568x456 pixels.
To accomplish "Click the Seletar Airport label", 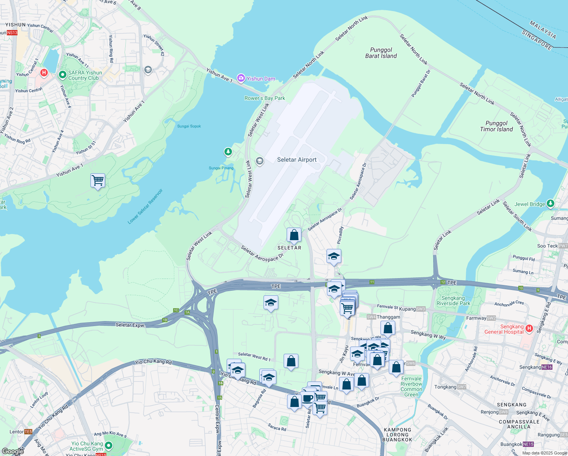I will coord(297,160).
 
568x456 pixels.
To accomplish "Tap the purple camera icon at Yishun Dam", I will coord(241,78).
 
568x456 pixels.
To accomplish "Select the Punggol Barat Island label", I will coord(381,53).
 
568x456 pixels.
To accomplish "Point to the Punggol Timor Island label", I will coord(496,126).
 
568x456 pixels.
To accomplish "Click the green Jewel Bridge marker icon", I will coord(551,204).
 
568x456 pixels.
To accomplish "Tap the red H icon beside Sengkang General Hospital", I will coord(530,328).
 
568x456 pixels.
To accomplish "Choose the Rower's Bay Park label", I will coord(265,98).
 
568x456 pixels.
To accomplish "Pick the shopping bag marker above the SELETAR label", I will coord(294,235).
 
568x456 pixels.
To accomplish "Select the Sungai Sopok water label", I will coord(189,126).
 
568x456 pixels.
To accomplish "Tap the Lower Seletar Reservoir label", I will coord(145,206).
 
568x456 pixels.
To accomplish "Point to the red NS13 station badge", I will coord(12,33).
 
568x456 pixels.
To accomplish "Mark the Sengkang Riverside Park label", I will coord(453,301).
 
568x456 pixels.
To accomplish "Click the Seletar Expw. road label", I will coord(130,325).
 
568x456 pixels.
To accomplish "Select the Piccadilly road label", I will coord(341,235).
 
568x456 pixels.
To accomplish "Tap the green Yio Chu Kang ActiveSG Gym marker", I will coord(109,445).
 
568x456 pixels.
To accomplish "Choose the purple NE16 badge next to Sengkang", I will coord(547,367).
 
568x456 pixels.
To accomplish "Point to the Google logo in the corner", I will coord(13,451).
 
